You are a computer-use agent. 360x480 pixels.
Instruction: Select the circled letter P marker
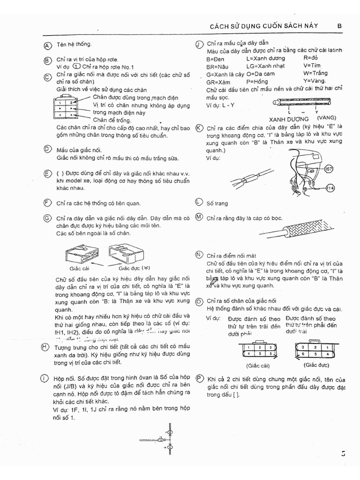tap(199, 379)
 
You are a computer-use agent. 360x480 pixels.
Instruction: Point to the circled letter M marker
tap(199, 217)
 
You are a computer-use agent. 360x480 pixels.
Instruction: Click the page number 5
tap(344, 453)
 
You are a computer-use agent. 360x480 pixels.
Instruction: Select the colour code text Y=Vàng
tap(315, 81)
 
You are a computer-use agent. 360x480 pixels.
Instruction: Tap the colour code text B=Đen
tap(215, 59)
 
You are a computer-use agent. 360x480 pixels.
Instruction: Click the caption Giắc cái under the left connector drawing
tap(79, 268)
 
